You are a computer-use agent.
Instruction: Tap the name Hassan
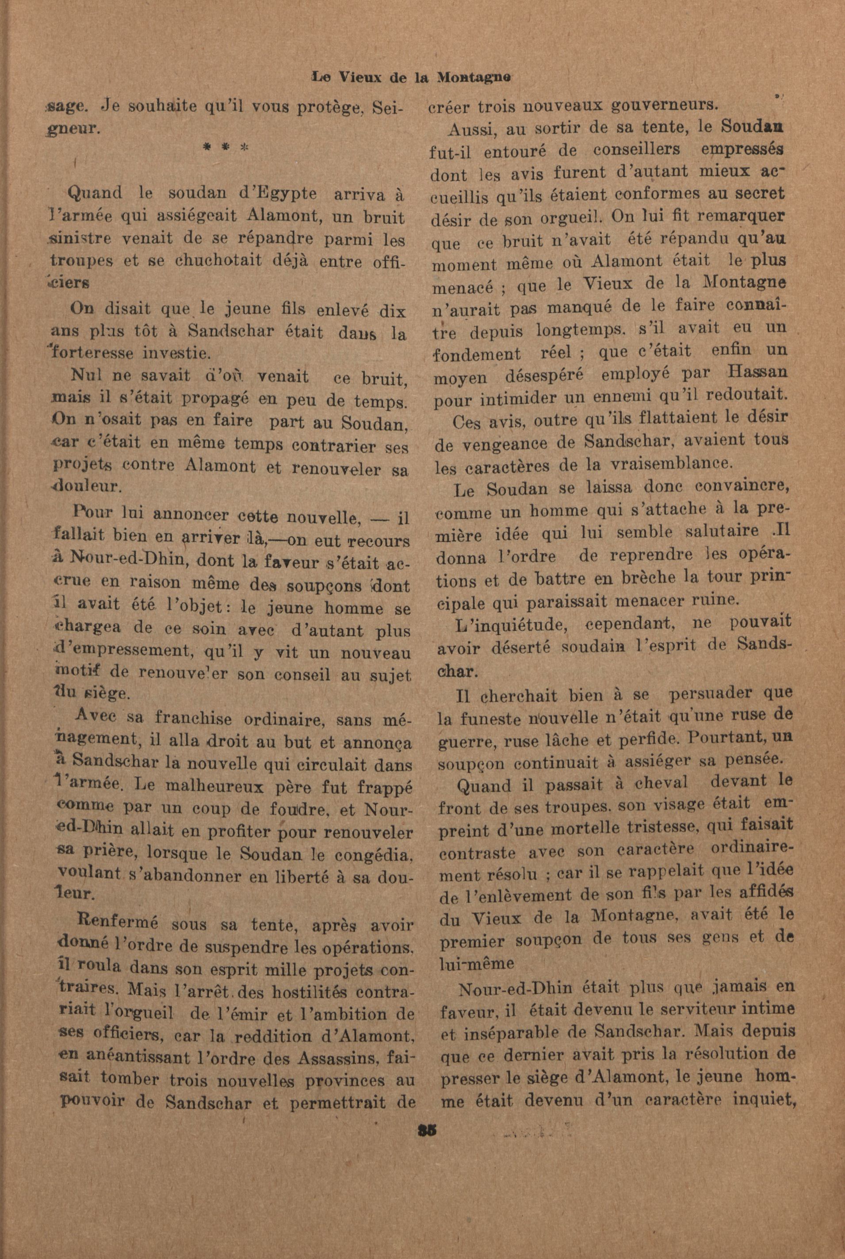pos(758,373)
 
